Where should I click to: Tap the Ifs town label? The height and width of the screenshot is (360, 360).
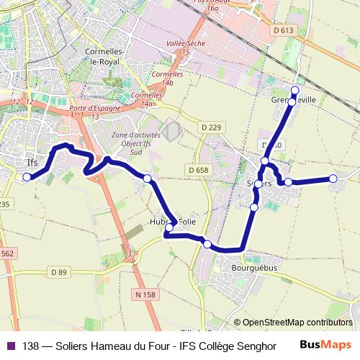[x=32, y=162]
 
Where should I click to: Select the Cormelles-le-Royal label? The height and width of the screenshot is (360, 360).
[x=106, y=57]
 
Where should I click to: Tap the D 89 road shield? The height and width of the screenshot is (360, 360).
[x=58, y=271]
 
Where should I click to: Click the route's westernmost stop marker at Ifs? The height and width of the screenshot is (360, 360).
[x=27, y=176]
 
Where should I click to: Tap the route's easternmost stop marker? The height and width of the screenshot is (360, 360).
[x=333, y=178]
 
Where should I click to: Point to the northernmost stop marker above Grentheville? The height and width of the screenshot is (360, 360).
[x=294, y=90]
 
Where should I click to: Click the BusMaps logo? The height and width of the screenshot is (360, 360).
[x=325, y=345]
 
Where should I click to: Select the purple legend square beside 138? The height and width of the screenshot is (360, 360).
[x=10, y=345]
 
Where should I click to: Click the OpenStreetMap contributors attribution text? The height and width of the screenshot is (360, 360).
[x=297, y=323]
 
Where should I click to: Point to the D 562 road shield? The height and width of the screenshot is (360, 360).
[x=6, y=253]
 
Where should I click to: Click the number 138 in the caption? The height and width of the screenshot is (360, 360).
[x=30, y=345]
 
